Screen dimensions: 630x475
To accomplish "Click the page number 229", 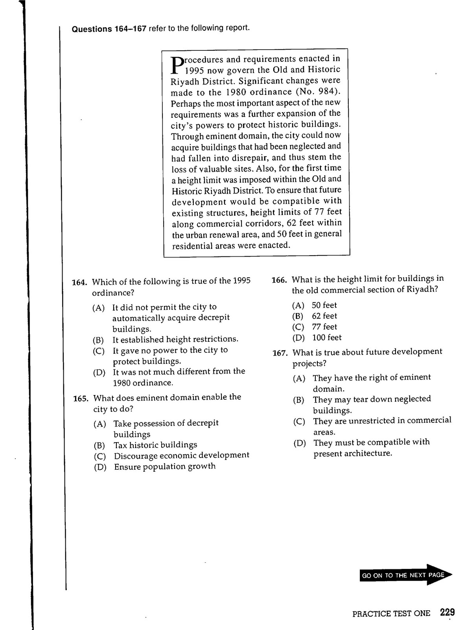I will coord(447,612).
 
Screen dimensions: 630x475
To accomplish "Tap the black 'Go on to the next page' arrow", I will coord(405,575).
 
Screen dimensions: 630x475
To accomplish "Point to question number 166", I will coord(279,280).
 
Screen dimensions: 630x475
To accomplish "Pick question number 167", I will coord(280,353).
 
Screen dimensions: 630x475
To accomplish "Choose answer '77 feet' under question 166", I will coord(324,327).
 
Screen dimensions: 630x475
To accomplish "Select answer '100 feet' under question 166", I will coord(327,337).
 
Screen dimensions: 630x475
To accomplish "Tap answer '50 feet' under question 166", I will coord(324,305).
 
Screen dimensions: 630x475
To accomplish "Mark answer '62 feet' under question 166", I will coord(324,316).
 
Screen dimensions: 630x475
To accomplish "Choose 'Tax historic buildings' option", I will coord(155,445).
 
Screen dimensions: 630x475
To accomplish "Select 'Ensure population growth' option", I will coord(165,467).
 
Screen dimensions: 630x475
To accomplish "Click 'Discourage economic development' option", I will coord(181,456).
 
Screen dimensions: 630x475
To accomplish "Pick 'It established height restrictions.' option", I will coord(175,339).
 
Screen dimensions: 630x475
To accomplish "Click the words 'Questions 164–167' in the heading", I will coord(109,29).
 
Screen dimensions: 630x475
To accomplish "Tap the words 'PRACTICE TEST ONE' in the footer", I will coord(391,613).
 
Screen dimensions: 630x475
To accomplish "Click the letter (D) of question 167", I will coord(299,443).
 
